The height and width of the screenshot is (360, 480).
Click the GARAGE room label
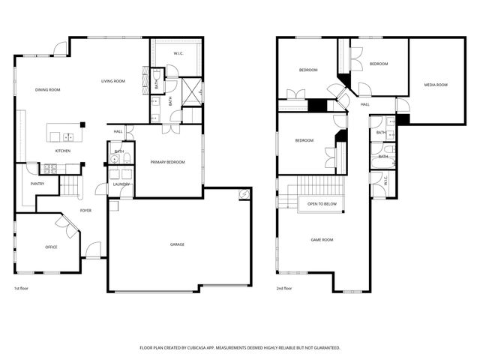click(x=177, y=244)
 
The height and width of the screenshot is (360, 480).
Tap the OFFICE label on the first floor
click(x=51, y=247)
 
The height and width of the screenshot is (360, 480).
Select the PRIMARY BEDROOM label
click(x=167, y=162)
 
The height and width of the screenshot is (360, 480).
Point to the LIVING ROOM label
click(x=113, y=81)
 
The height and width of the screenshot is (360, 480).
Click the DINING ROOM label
click(x=47, y=90)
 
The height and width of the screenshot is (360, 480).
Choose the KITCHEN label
click(x=63, y=151)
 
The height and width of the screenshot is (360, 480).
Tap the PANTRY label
click(x=37, y=184)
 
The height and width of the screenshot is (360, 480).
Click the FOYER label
click(x=86, y=211)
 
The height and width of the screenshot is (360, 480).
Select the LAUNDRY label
click(x=121, y=184)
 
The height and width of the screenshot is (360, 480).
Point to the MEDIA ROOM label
click(x=436, y=85)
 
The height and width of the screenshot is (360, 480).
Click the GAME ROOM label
click(x=322, y=240)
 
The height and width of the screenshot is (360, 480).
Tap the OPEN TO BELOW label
click(x=321, y=203)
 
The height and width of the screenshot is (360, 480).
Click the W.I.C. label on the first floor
click(x=178, y=52)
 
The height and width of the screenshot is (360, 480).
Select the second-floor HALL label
click(x=365, y=104)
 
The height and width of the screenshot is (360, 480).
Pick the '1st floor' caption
click(x=22, y=288)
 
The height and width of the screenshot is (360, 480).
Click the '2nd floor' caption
click(x=283, y=288)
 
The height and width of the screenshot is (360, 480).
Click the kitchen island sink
click(x=68, y=136)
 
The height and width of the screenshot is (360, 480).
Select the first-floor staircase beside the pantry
click(x=70, y=185)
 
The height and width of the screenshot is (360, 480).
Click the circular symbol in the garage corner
click(x=244, y=195)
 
